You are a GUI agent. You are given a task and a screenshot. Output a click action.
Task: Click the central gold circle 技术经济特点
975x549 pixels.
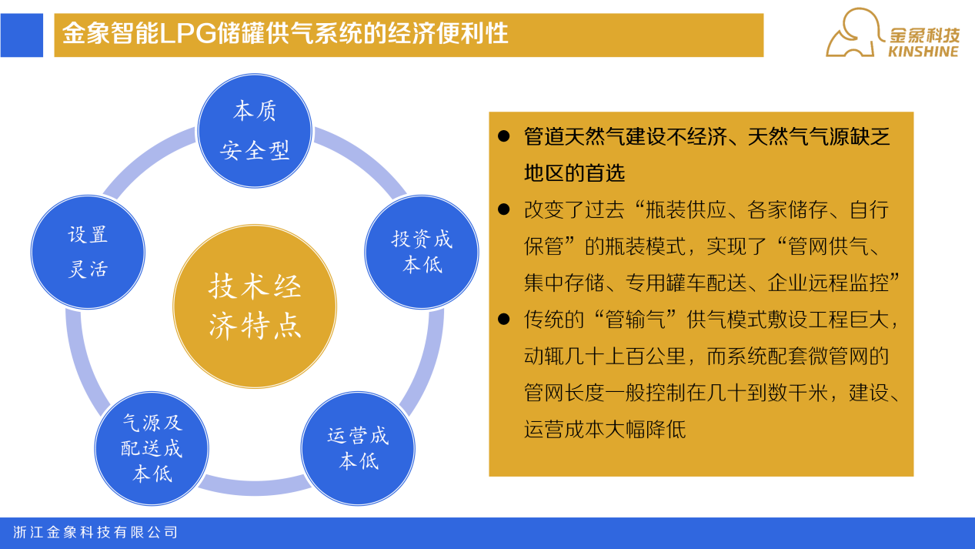(x=255, y=306)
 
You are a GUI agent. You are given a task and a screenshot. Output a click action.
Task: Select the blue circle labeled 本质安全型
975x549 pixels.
(x=255, y=131)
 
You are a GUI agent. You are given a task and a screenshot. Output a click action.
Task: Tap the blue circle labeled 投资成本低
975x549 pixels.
(x=422, y=252)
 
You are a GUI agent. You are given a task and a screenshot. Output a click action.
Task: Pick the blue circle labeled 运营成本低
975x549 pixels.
(x=358, y=448)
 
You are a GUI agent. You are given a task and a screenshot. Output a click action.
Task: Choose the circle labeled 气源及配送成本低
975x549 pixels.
(x=152, y=448)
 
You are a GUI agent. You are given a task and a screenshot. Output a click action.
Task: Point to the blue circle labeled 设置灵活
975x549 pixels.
(x=88, y=252)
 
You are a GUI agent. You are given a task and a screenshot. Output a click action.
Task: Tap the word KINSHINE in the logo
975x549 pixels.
(x=923, y=52)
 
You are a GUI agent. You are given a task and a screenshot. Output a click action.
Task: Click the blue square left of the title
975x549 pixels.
(x=22, y=35)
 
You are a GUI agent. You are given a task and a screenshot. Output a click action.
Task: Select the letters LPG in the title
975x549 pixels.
(x=188, y=34)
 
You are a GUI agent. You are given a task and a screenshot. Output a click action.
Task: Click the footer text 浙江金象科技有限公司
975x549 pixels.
(x=95, y=532)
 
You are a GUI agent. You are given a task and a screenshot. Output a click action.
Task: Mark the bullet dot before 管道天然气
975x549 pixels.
(x=503, y=136)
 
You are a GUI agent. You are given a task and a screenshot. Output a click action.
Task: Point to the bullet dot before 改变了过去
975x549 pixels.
(x=503, y=209)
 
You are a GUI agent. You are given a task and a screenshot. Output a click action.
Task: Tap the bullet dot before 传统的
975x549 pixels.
(x=503, y=319)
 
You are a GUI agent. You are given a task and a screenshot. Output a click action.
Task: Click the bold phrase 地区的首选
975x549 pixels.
(x=575, y=172)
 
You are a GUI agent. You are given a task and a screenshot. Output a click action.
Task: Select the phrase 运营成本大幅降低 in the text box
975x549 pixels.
(x=605, y=429)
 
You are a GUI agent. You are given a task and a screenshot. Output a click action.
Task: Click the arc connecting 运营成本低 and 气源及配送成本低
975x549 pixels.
(x=255, y=487)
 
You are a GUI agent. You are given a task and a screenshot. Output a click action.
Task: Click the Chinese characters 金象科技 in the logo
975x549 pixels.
(x=924, y=35)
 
